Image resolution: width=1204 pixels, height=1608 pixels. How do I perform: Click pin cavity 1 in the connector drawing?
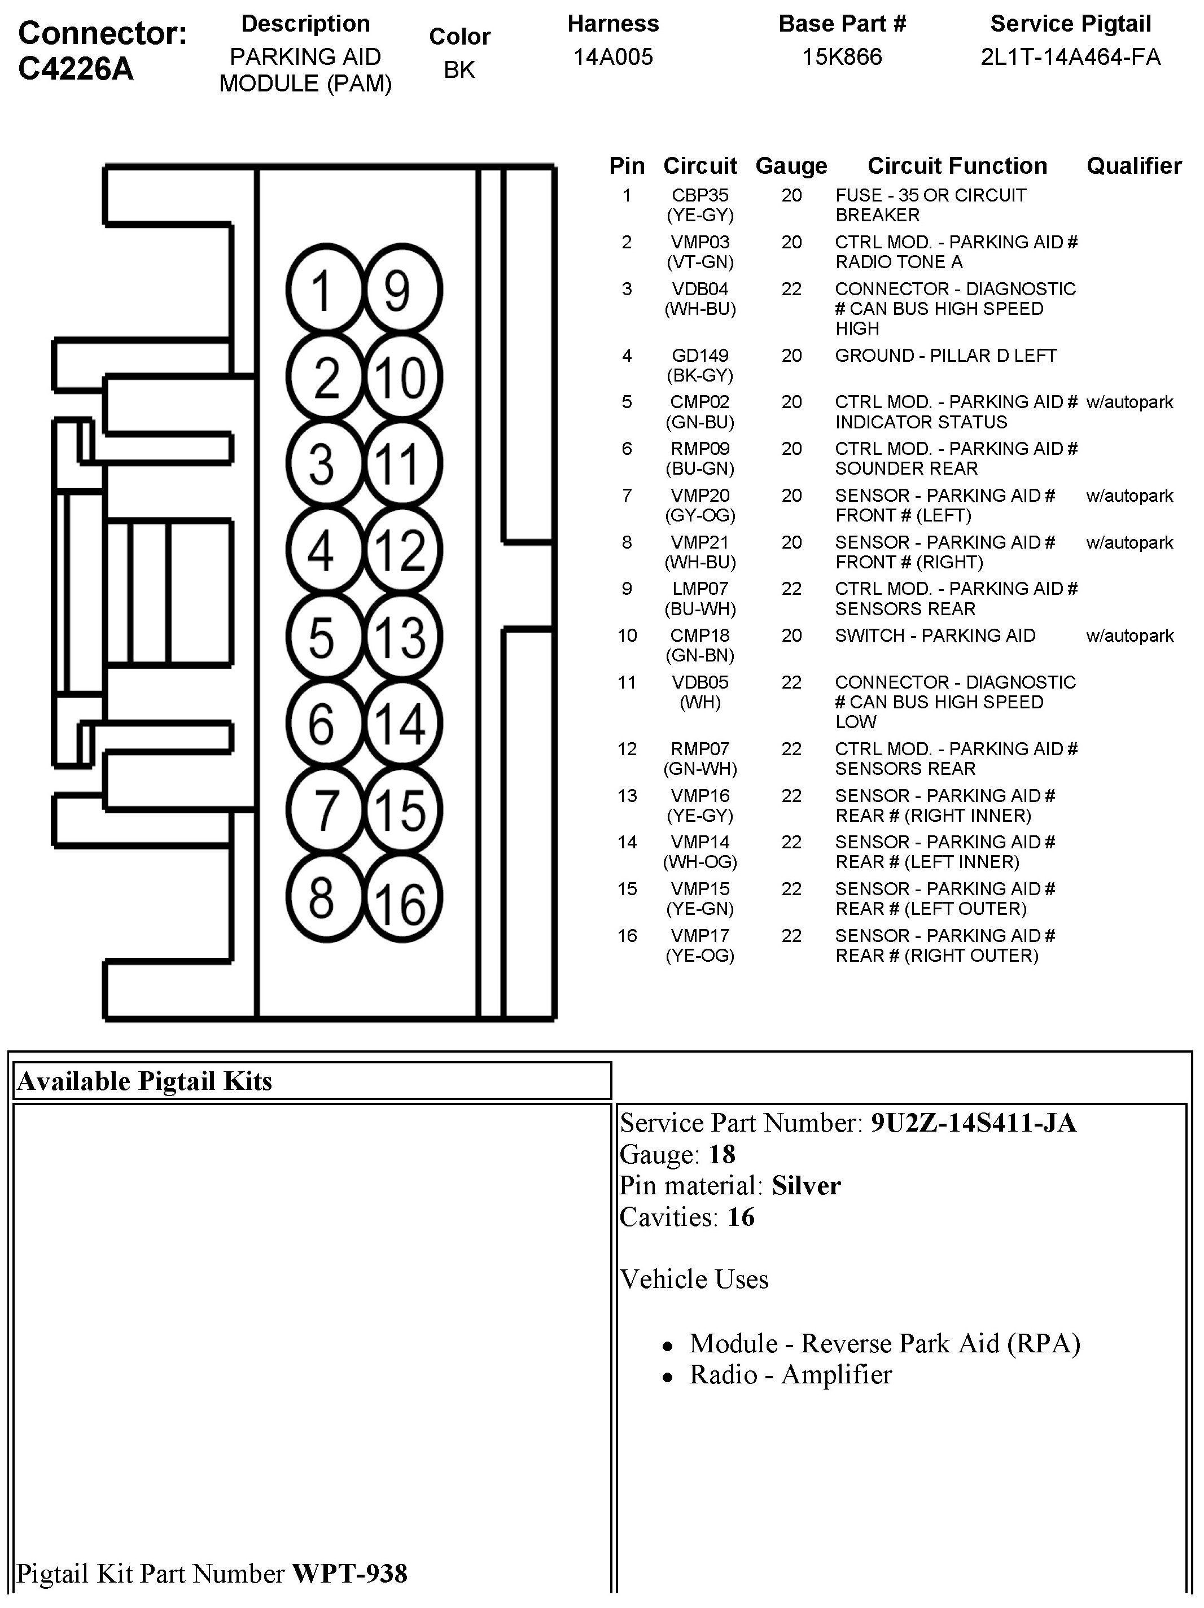click(323, 290)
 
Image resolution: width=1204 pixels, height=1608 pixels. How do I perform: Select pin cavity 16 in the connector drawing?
click(402, 899)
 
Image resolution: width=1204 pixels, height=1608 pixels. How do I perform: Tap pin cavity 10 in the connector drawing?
click(402, 377)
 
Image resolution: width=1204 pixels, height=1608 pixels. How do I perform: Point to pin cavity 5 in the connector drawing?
click(323, 637)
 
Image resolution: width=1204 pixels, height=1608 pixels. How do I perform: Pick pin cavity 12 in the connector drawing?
click(402, 550)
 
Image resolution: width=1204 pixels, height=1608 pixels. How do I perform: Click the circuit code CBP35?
click(699, 195)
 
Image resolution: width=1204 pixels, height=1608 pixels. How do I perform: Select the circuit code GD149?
click(699, 356)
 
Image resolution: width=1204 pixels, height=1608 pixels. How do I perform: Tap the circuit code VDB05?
click(699, 682)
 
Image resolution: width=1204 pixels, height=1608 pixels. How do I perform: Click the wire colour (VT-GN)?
click(699, 262)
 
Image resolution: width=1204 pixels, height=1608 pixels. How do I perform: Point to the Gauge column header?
click(791, 167)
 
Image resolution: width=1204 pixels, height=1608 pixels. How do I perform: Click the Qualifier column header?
click(1133, 167)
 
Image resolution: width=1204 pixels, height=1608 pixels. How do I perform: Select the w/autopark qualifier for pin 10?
click(1129, 636)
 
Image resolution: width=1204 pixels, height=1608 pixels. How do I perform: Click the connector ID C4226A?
click(76, 68)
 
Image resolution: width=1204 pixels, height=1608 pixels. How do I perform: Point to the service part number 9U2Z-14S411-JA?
click(973, 1124)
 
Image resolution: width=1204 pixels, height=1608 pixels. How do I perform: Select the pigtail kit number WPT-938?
click(350, 1574)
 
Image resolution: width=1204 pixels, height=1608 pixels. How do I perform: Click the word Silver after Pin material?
click(805, 1186)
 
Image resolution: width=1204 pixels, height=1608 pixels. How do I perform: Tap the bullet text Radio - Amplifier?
click(790, 1375)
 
